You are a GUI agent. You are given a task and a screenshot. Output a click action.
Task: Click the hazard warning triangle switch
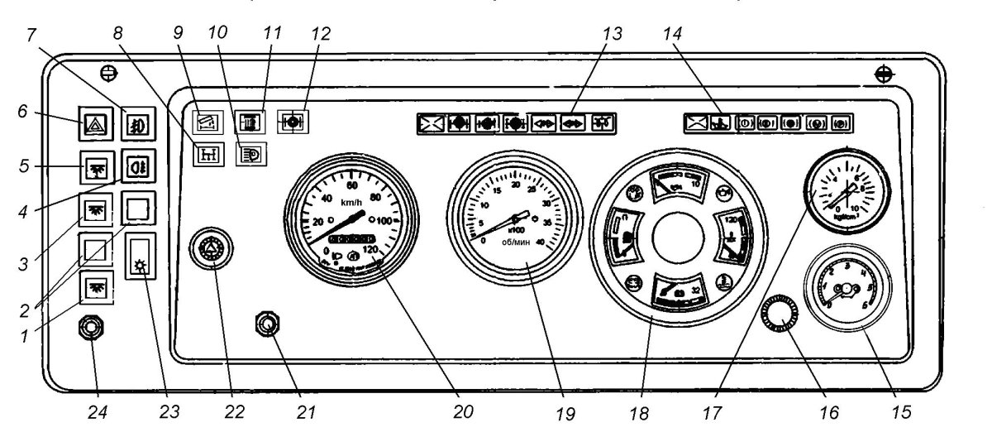point(92,127)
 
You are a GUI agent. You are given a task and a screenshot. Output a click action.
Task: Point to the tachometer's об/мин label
point(518,242)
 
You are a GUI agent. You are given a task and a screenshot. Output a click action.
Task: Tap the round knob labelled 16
point(779,311)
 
